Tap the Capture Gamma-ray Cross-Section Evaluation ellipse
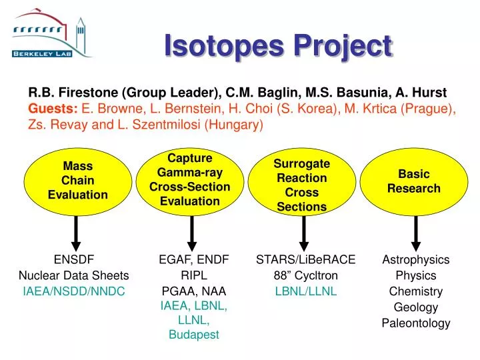[190, 180]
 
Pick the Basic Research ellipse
[414, 181]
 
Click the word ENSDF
[73, 259]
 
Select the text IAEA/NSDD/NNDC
[73, 291]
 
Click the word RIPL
[193, 275]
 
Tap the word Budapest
[193, 335]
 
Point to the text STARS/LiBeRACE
[306, 259]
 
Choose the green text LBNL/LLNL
[306, 291]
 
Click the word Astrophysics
[416, 259]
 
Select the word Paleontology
[416, 323]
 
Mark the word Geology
[416, 307]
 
